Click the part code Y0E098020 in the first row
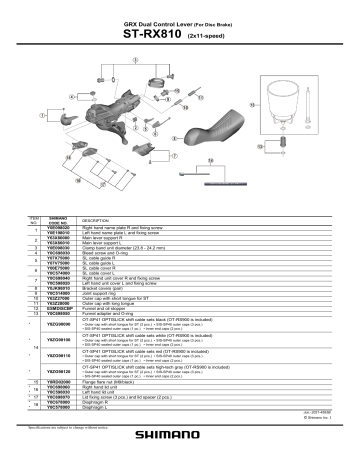59,227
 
